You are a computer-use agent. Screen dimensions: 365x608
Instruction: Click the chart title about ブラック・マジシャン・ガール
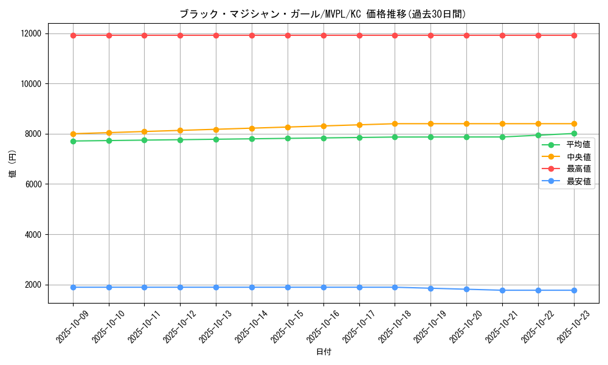tap(323, 14)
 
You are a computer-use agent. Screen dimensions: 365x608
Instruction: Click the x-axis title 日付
tap(323, 352)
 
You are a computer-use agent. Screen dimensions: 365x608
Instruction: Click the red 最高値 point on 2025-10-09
tap(73, 35)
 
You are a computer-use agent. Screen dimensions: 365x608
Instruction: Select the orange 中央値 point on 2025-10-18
tap(395, 123)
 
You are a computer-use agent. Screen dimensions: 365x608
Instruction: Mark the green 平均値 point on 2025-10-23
tap(574, 134)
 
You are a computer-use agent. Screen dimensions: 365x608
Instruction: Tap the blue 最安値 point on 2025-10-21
tap(502, 290)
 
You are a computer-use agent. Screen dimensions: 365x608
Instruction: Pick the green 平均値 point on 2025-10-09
tap(73, 141)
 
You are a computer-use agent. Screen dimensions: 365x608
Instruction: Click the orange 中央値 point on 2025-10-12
tap(180, 130)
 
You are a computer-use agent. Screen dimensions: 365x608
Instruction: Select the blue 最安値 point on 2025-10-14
tap(252, 287)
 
